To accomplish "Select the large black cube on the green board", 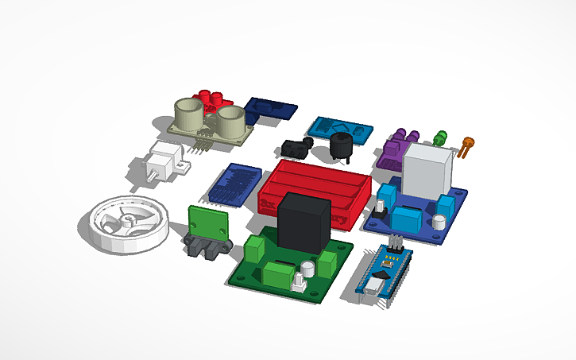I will pos(303,220).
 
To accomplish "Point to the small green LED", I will pos(441,137).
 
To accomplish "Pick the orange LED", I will pos(466,145).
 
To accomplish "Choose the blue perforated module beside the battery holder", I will pos(234,185).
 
